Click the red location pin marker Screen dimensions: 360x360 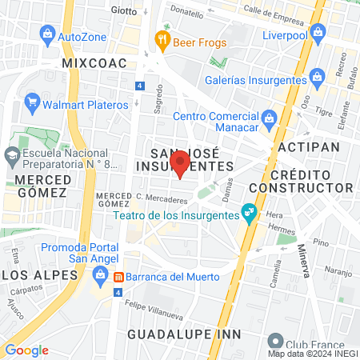coord(180,163)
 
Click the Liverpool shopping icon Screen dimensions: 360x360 coord(318,32)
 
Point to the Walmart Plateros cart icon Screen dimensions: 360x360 coord(32,102)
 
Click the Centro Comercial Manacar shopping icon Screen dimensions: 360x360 coord(270,121)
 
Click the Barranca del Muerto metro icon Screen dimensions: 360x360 coord(118,277)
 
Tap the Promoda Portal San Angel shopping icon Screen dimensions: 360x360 coord(101,278)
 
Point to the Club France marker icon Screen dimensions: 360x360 coord(276,339)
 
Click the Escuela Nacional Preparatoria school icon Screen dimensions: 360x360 coord(12,154)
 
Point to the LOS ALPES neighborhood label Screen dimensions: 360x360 coord(36,274)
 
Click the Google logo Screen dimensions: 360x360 coord(26,350)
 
